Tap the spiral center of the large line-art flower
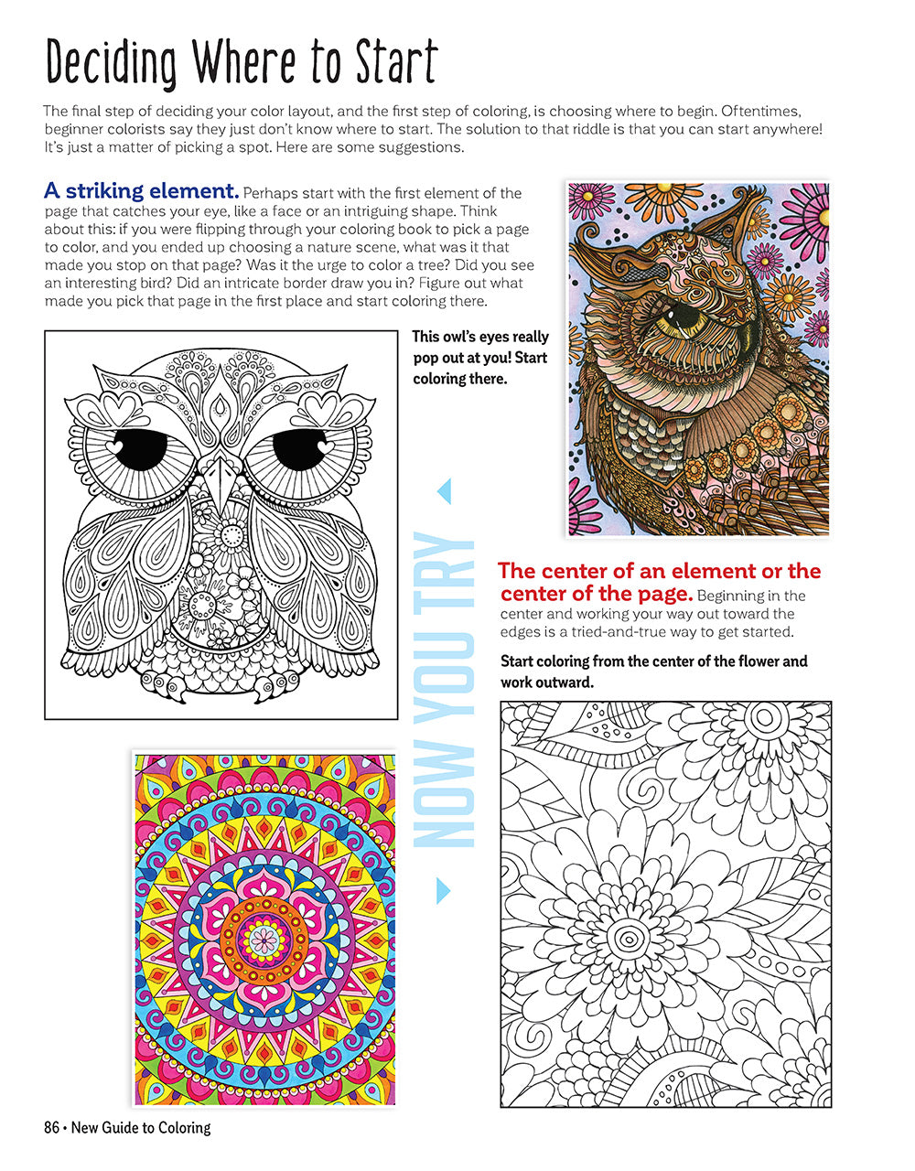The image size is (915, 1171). pos(629,940)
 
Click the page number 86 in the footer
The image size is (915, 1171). pos(51,1128)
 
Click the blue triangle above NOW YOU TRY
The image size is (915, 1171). pos(445,492)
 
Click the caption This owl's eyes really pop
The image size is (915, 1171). pos(480,358)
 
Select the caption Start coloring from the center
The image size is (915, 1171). pos(653,671)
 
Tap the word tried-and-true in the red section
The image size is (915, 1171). pos(635,632)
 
